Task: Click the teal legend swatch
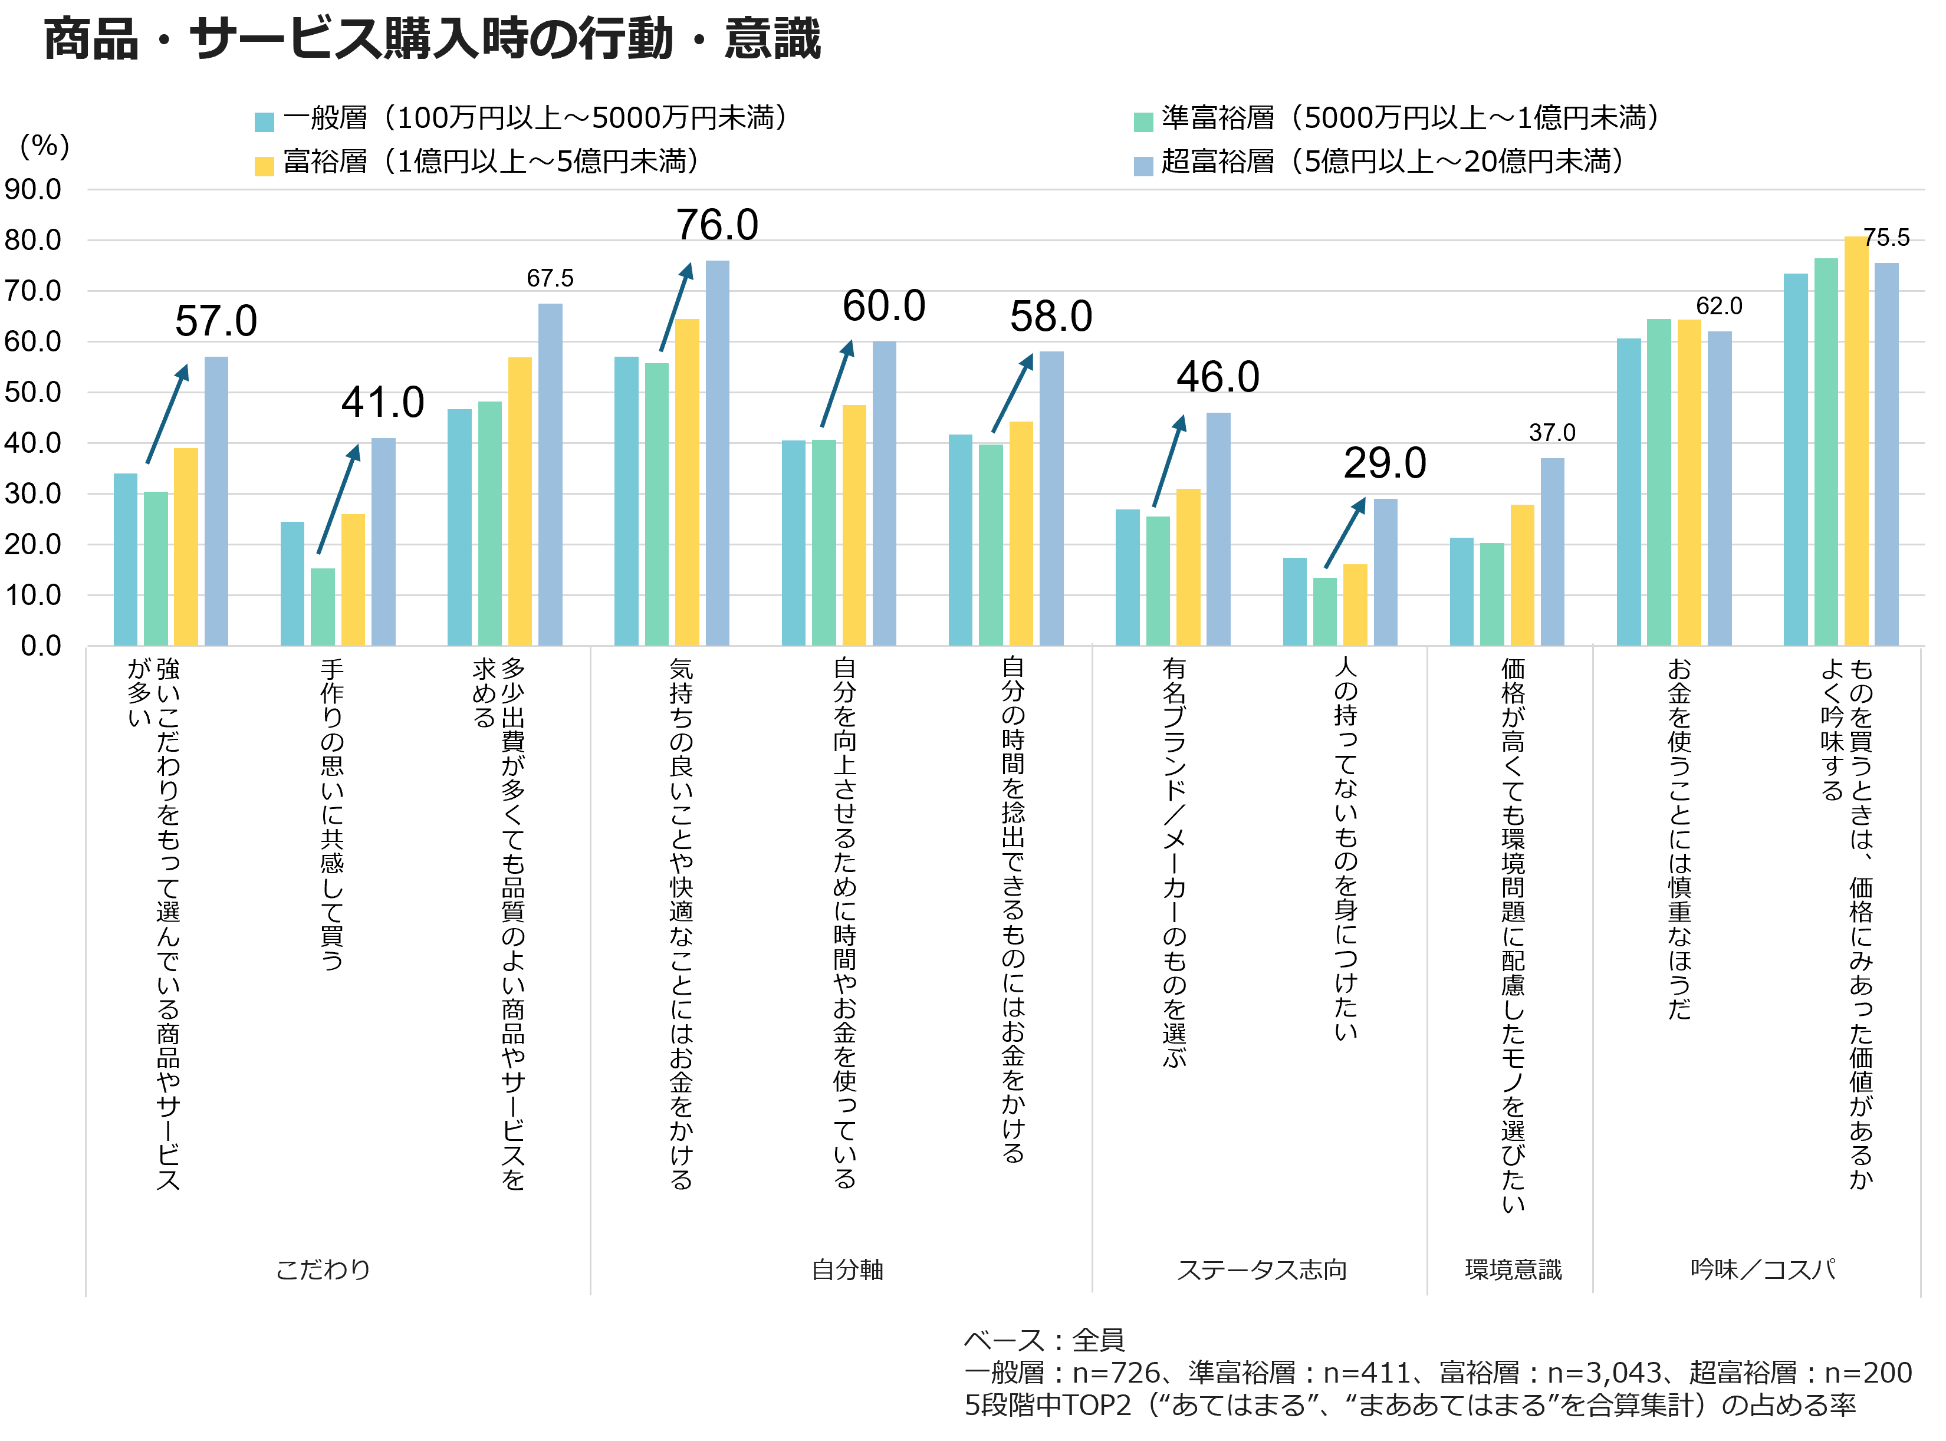click(x=264, y=122)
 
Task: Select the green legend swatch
click(x=1143, y=122)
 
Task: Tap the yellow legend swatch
click(x=264, y=167)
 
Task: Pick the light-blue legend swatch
click(x=1143, y=167)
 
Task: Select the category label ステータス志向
click(x=1261, y=1269)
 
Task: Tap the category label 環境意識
click(x=1513, y=1269)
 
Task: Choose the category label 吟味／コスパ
click(x=1763, y=1269)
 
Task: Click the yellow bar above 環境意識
click(x=1522, y=575)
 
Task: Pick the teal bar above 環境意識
click(x=1462, y=591)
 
